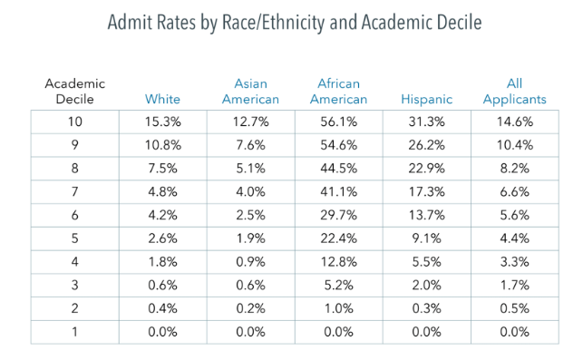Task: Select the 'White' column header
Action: tap(164, 99)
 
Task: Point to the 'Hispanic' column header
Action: tap(424, 99)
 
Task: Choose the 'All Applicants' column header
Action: tap(514, 91)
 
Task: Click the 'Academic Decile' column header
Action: tap(75, 91)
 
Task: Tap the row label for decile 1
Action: tap(75, 333)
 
